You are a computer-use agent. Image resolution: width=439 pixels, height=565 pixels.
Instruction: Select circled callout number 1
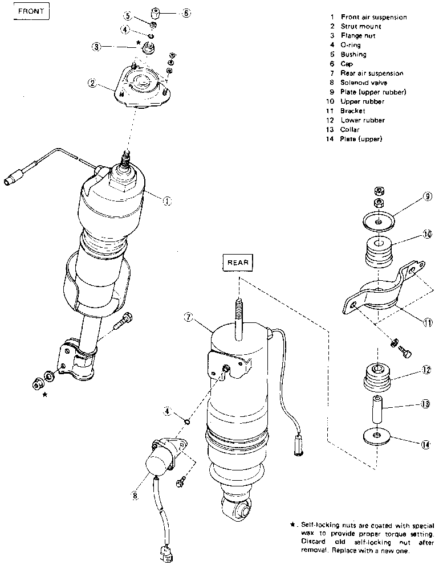pyautogui.click(x=166, y=200)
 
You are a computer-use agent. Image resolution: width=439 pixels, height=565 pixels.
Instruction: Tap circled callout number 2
pyautogui.click(x=91, y=83)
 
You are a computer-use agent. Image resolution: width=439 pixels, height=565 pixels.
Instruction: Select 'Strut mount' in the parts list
pyautogui.click(x=361, y=26)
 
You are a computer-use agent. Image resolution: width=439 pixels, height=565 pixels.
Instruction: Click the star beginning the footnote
pyautogui.click(x=292, y=524)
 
